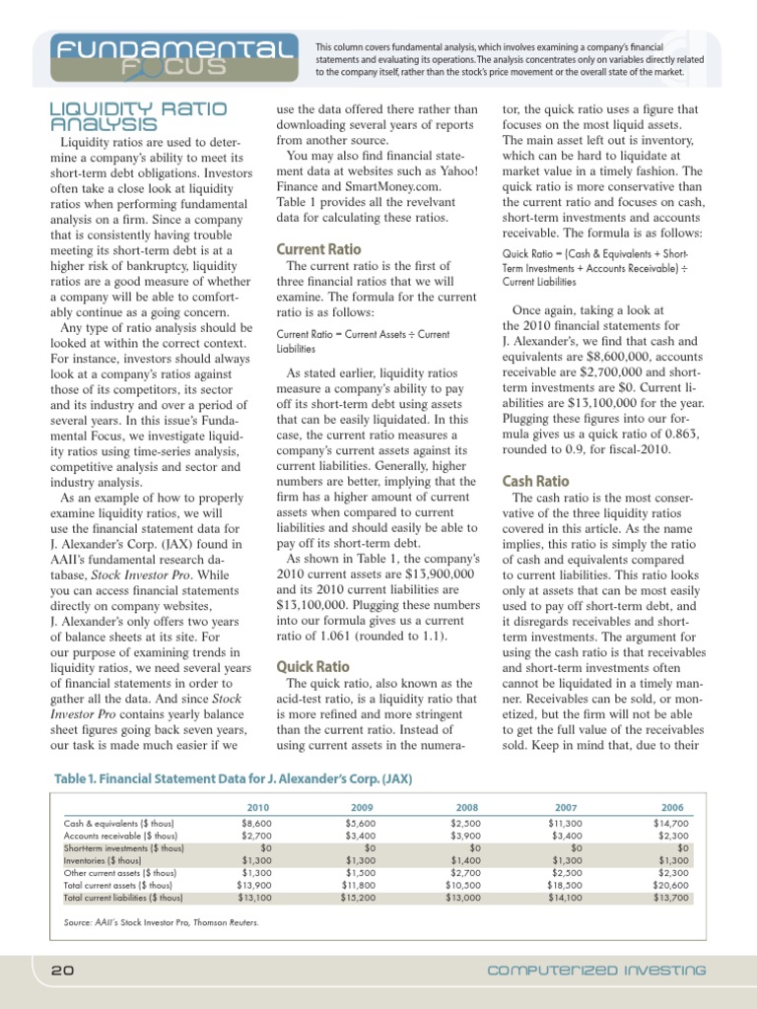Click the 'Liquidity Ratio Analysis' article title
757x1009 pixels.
(128, 116)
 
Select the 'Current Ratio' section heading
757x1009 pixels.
(318, 249)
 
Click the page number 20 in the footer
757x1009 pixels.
(63, 970)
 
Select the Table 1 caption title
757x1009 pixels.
(232, 778)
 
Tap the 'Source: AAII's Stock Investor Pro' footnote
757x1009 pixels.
(147, 922)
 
